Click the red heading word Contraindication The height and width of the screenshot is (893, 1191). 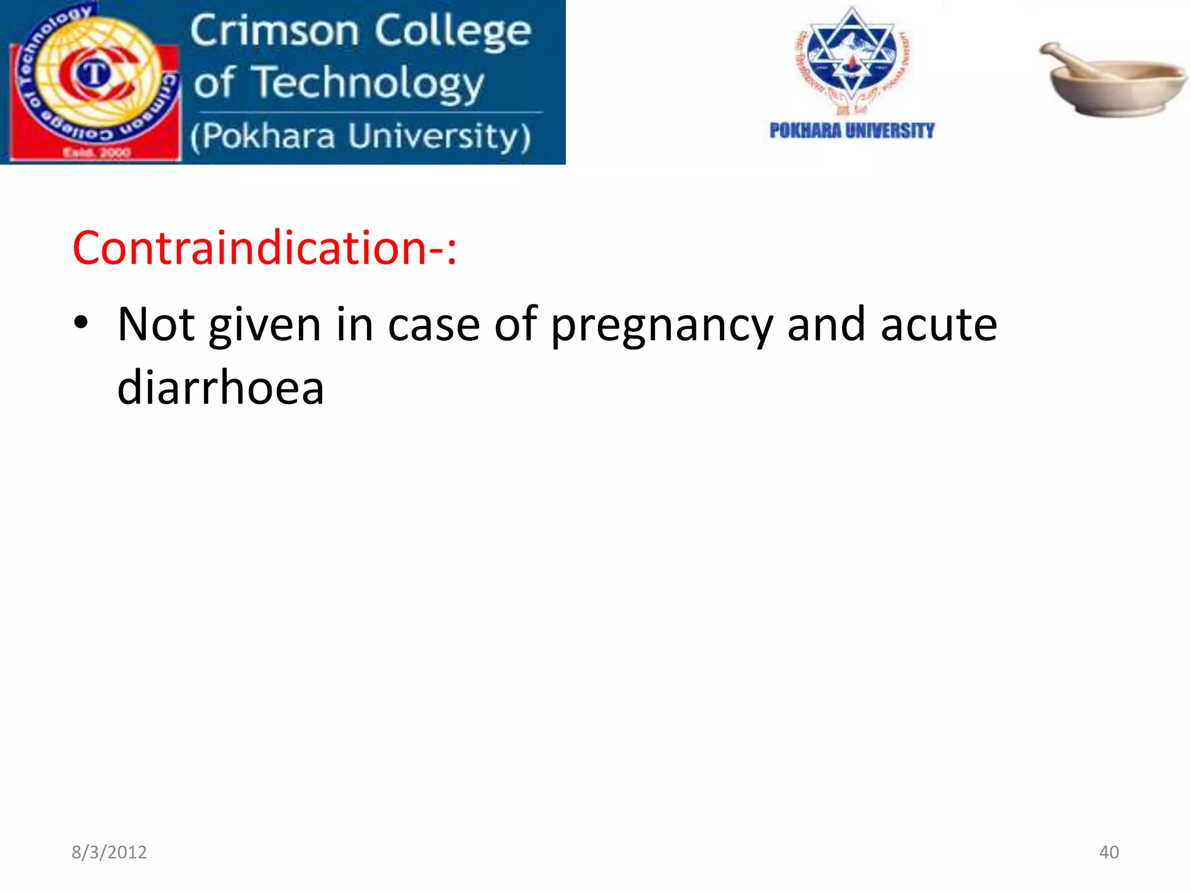click(x=250, y=248)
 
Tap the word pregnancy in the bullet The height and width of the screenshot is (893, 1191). click(x=661, y=326)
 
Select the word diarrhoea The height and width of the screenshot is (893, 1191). click(x=220, y=388)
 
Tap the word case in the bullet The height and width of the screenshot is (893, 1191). click(x=434, y=326)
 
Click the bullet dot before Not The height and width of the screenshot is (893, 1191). click(x=81, y=323)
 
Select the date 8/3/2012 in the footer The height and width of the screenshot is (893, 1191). click(x=109, y=852)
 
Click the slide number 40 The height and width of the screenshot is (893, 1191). click(x=1108, y=852)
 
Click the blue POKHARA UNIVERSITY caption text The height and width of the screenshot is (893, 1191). click(x=852, y=131)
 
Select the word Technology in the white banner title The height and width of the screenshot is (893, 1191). click(x=369, y=83)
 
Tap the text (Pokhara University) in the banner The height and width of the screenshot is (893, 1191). click(x=361, y=137)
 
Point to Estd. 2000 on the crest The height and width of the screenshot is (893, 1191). click(x=97, y=153)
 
